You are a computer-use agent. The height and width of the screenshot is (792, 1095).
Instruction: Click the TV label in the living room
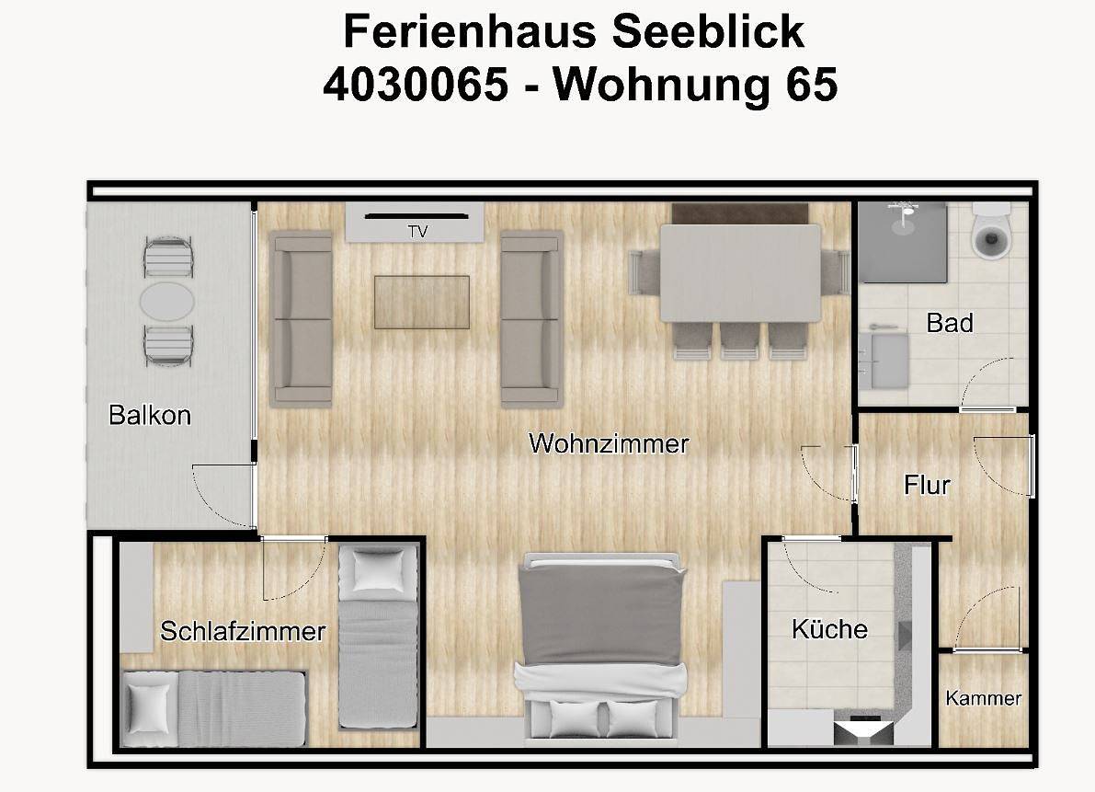coord(417,231)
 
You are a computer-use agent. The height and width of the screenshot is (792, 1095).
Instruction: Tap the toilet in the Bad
coord(992,231)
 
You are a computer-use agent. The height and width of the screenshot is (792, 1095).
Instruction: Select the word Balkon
coord(150,415)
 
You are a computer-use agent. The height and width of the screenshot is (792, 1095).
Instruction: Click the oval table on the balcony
coord(167,301)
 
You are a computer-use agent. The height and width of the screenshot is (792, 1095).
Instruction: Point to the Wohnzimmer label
coord(609,443)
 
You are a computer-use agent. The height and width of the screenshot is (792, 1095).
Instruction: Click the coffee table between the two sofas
coord(422,302)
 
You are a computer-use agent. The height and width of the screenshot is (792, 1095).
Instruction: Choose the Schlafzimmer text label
coord(243,631)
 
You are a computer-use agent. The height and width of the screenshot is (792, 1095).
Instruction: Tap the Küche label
coord(829,628)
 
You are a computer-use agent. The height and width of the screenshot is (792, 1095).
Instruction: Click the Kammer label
coord(983,697)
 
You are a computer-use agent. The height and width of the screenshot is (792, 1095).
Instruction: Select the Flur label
coord(927,485)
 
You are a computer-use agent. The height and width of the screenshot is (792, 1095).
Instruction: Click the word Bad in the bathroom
coord(950,323)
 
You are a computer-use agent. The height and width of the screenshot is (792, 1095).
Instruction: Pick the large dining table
coord(740,273)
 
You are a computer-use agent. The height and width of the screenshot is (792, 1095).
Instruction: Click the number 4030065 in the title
coord(416,85)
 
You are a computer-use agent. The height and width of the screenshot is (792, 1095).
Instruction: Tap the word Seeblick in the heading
coord(708,31)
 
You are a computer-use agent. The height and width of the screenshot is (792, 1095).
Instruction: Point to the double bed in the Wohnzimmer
coord(601,645)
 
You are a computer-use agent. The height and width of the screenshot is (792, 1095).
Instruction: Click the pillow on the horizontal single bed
coord(147,706)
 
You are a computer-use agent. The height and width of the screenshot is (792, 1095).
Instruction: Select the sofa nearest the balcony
coord(301,318)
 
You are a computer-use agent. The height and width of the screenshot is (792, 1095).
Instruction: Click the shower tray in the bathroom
coord(902,242)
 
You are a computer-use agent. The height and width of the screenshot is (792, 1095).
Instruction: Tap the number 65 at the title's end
coord(812,85)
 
